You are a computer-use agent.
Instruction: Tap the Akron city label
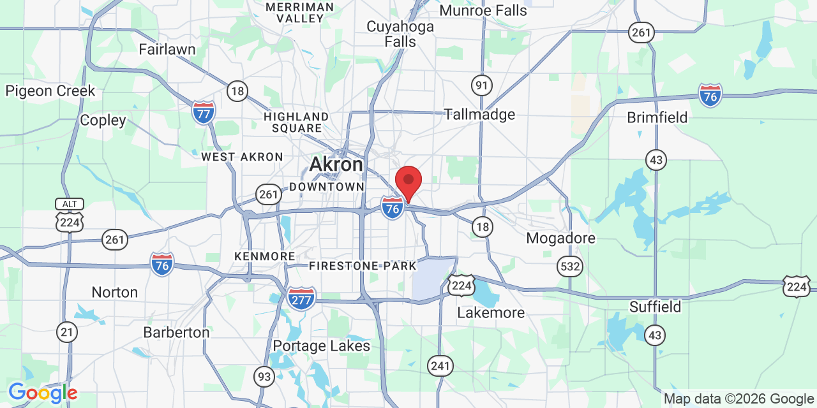pyautogui.click(x=336, y=164)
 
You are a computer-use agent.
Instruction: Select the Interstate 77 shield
pyautogui.click(x=204, y=112)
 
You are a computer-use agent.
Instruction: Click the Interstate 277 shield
pyautogui.click(x=301, y=298)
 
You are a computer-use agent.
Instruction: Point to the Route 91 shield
pyautogui.click(x=482, y=85)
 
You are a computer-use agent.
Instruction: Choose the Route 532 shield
pyautogui.click(x=569, y=266)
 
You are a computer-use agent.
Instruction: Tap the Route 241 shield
pyautogui.click(x=440, y=366)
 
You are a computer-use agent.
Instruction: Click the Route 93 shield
pyautogui.click(x=264, y=377)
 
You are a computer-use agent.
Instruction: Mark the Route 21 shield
pyautogui.click(x=66, y=331)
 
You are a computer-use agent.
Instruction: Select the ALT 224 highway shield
pyautogui.click(x=68, y=215)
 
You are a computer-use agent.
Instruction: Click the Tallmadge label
pyautogui.click(x=479, y=115)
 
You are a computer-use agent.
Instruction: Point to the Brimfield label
pyautogui.click(x=657, y=118)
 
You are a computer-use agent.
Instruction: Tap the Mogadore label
pyautogui.click(x=560, y=238)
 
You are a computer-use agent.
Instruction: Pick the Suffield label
pyautogui.click(x=655, y=307)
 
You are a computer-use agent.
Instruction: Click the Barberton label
pyautogui.click(x=176, y=333)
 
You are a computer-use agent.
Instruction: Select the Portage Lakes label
pyautogui.click(x=321, y=346)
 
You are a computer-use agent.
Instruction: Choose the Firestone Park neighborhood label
pyautogui.click(x=363, y=266)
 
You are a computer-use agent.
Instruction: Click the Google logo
pyautogui.click(x=43, y=393)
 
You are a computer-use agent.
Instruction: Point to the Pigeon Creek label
pyautogui.click(x=50, y=91)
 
